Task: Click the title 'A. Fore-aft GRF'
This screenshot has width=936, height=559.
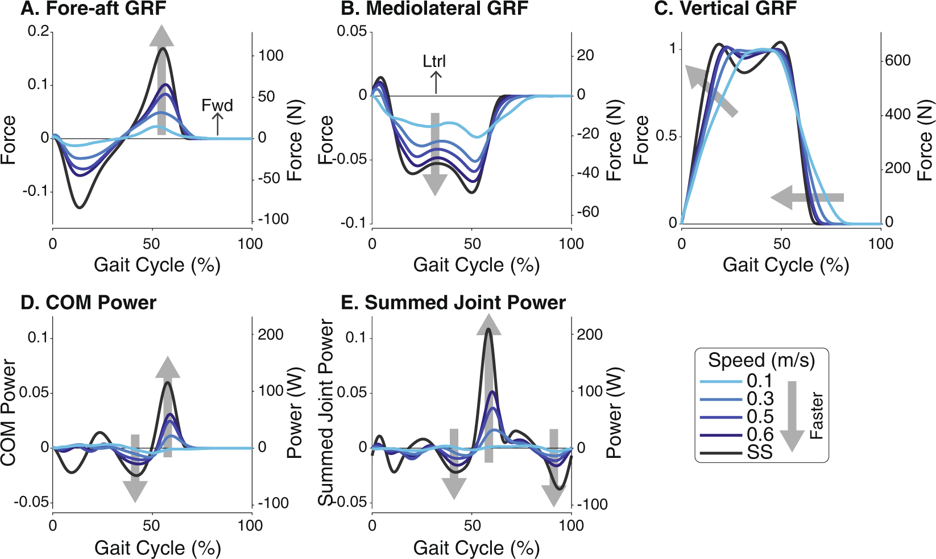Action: (x=94, y=9)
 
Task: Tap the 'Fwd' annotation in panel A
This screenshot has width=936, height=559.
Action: (x=217, y=106)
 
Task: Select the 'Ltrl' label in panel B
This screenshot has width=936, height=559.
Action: (x=434, y=61)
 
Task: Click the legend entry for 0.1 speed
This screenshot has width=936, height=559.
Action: (x=760, y=381)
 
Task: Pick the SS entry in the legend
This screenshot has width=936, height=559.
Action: (x=760, y=453)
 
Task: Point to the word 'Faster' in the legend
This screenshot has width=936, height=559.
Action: (x=817, y=415)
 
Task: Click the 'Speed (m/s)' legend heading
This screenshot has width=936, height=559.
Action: (x=761, y=360)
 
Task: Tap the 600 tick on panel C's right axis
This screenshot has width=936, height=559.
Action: (x=898, y=60)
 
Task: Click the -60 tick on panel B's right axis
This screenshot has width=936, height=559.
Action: (x=588, y=212)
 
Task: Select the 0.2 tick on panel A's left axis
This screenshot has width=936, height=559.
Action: (x=39, y=31)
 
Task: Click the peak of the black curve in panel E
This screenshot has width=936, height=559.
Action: (x=488, y=329)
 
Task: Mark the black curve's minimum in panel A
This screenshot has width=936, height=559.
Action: (x=80, y=207)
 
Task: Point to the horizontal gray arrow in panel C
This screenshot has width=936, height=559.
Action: (x=807, y=197)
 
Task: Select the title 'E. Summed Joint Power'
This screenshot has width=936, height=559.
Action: (x=453, y=303)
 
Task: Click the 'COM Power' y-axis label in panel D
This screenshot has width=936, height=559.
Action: (x=9, y=412)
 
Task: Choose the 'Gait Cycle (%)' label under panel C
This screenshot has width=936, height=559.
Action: (x=785, y=265)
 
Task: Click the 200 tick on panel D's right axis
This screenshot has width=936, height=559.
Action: (x=271, y=334)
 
